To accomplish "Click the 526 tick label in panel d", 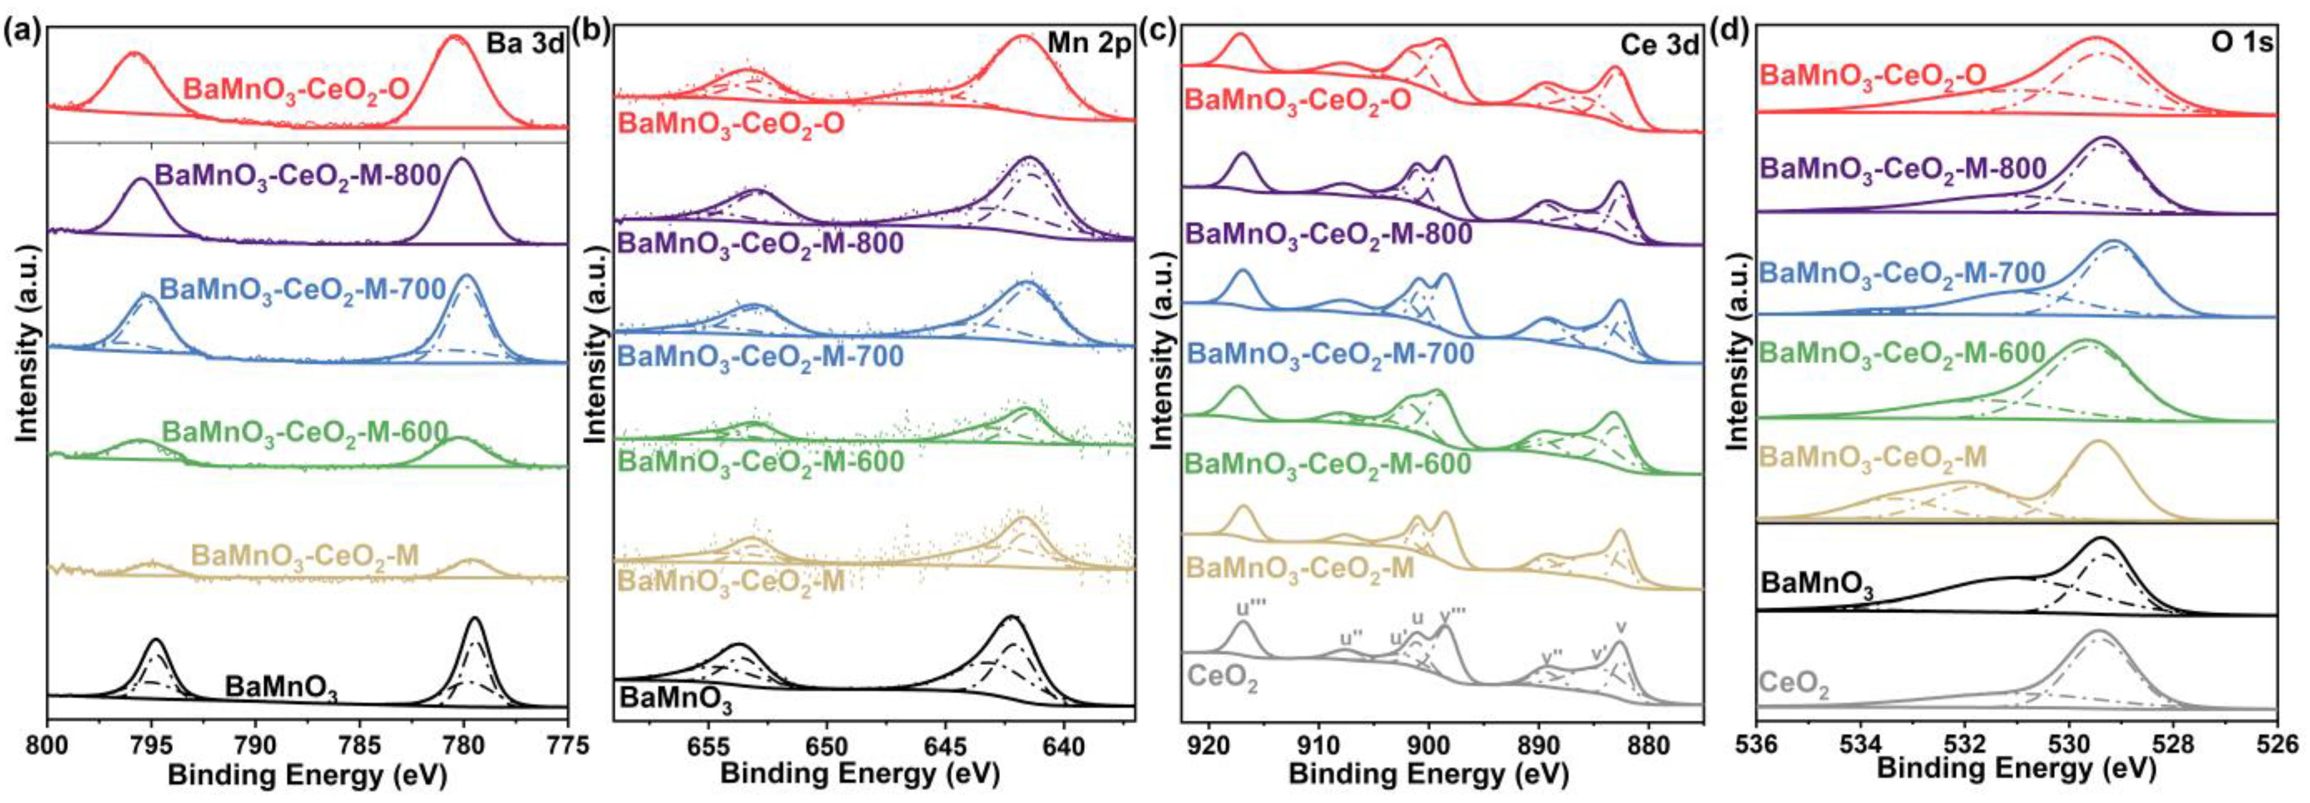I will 2278,745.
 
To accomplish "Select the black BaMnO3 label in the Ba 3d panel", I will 281,689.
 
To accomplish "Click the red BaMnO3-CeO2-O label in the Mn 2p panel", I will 731,124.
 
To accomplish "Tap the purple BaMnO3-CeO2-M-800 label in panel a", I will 299,174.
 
